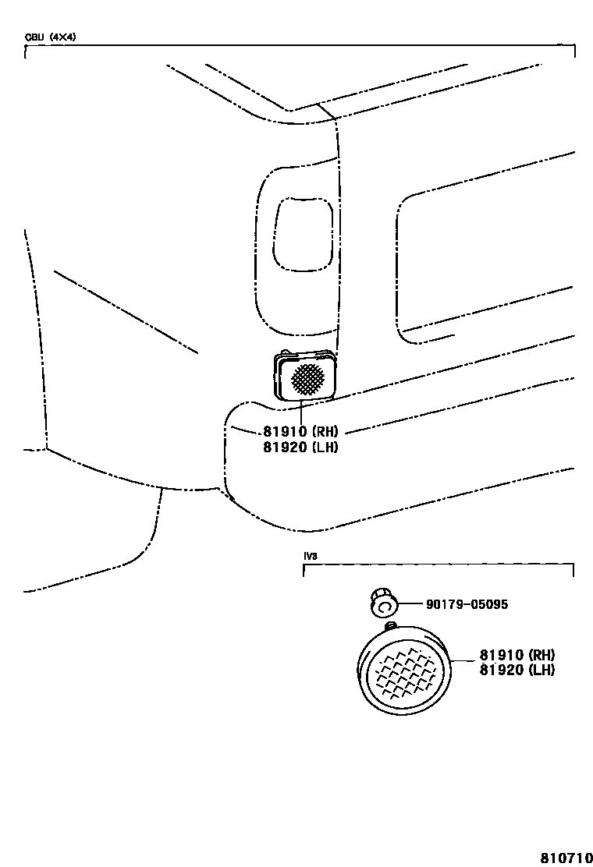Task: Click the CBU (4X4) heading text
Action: [x=50, y=37]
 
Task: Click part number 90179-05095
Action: [x=466, y=604]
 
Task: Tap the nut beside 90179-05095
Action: [x=383, y=603]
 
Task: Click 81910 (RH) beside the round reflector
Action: [x=517, y=655]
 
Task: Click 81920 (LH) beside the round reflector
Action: [x=517, y=669]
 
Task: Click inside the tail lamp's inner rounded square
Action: [x=303, y=234]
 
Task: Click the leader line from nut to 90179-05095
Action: [x=411, y=604]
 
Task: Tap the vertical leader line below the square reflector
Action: [x=300, y=413]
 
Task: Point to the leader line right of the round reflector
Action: [x=463, y=661]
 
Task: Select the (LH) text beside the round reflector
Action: [x=542, y=669]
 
